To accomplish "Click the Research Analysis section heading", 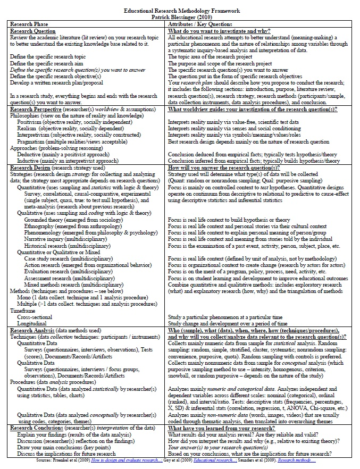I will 35,330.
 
